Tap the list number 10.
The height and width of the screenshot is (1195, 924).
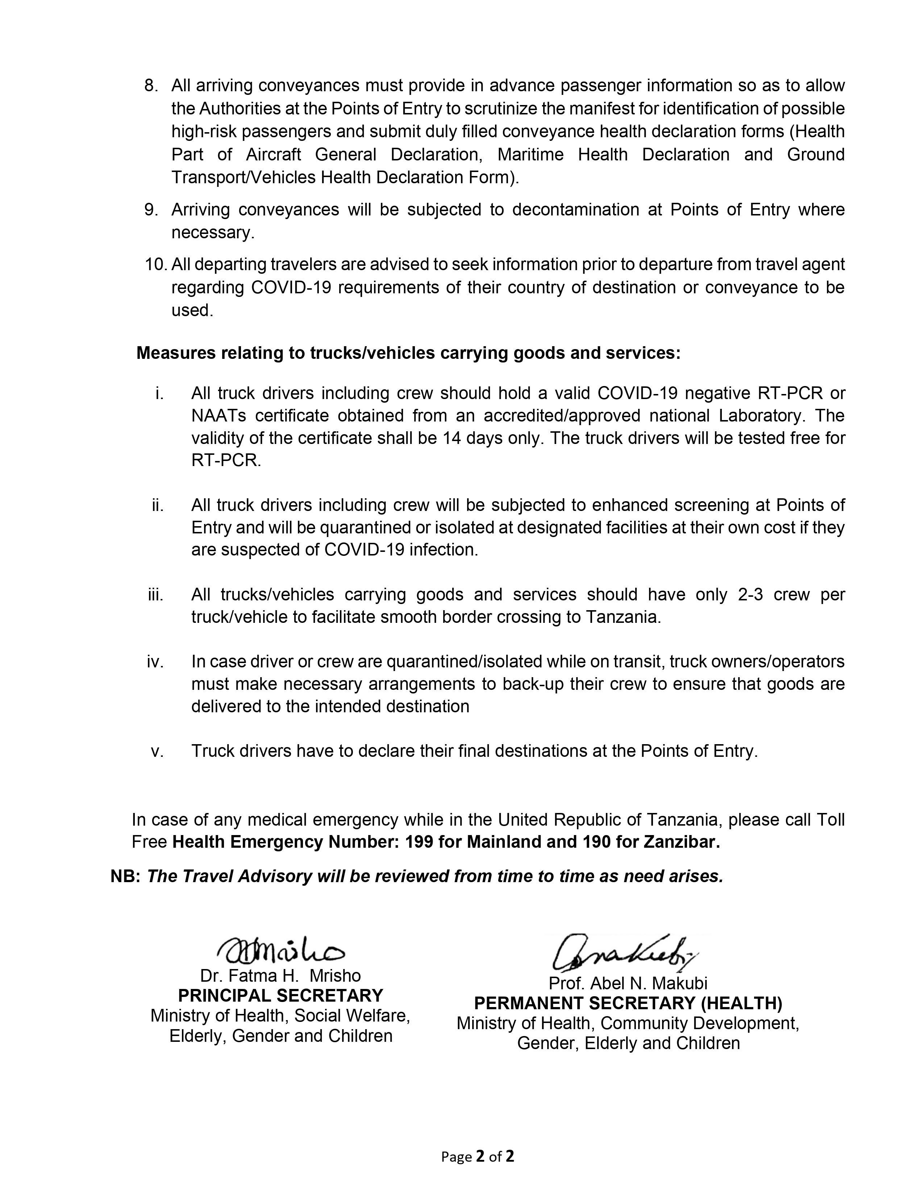pos(155,264)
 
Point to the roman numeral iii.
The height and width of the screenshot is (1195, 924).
pos(156,595)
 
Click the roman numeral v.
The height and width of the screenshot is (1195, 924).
pos(157,751)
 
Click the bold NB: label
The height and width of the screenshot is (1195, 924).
pos(126,877)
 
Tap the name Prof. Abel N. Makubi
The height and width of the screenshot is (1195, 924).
pos(628,983)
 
